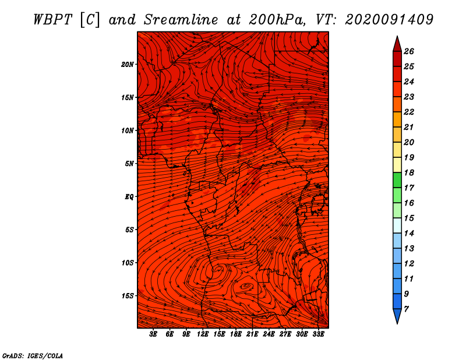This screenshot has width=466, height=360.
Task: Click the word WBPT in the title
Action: [53, 20]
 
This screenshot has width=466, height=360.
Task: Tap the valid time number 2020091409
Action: [389, 20]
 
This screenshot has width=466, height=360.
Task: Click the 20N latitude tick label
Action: [128, 65]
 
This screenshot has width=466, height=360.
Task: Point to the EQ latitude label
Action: [129, 197]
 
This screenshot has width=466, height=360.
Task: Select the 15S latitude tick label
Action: [128, 296]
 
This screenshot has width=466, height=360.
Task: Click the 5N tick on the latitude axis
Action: [129, 164]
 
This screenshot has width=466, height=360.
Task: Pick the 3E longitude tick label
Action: [153, 334]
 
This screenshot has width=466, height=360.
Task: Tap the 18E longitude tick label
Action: [236, 334]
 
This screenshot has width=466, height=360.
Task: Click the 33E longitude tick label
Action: [318, 334]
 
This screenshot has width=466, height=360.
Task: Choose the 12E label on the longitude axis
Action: [203, 334]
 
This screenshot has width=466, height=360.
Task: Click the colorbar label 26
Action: [409, 51]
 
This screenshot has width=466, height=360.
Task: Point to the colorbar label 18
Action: [409, 172]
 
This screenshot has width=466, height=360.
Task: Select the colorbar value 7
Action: [406, 309]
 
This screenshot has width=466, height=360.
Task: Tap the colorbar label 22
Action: [409, 112]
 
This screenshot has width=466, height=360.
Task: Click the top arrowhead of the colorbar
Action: [397, 44]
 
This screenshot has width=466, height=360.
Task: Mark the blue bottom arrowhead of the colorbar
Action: [397, 316]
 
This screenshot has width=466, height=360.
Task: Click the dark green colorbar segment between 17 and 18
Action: [397, 180]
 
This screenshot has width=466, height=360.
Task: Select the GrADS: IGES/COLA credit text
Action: [33, 356]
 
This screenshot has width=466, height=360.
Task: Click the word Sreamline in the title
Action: [181, 20]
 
